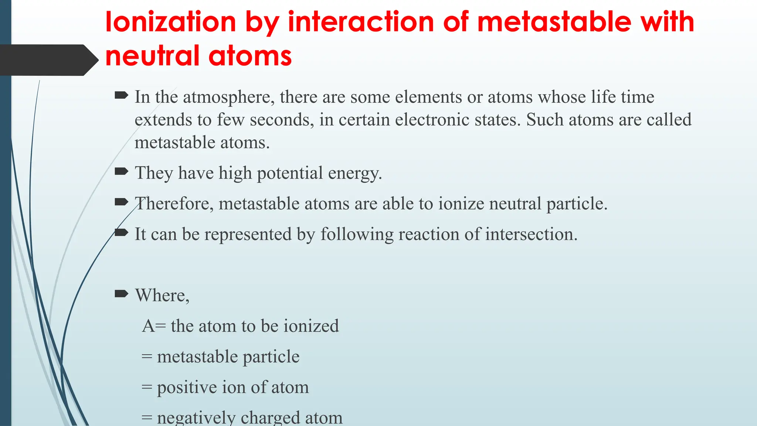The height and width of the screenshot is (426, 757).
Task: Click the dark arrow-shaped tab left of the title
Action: pos(48,60)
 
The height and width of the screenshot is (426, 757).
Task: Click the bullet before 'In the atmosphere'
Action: pos(121,96)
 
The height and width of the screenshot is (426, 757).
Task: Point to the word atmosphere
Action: pos(228,97)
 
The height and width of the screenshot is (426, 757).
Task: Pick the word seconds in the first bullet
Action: pos(282,120)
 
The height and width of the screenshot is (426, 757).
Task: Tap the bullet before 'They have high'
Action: pos(121,172)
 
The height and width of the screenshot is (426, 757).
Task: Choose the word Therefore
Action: pos(174,204)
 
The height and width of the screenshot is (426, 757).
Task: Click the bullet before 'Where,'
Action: pos(121,294)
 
